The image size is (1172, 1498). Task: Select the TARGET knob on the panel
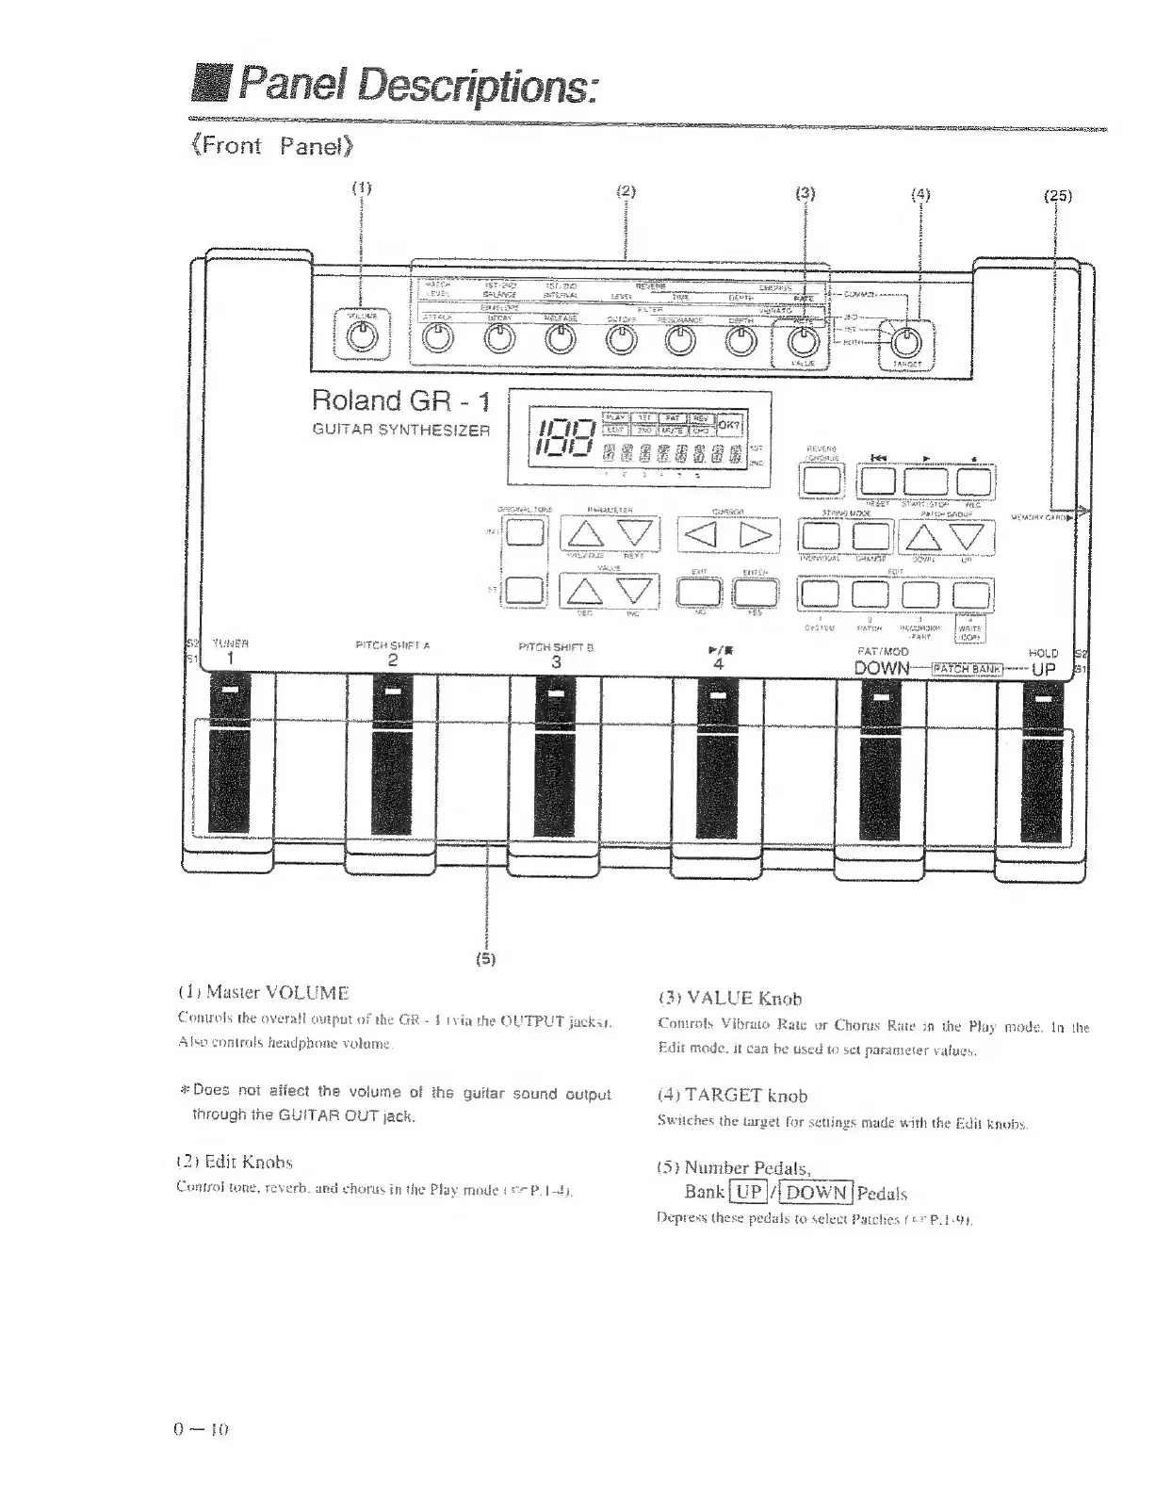[x=905, y=339]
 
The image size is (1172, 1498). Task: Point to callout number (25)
[x=1058, y=196]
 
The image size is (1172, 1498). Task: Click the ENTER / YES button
[x=756, y=591]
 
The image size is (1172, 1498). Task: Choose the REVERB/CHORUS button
[x=822, y=481]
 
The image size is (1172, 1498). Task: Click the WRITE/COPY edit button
[x=971, y=594]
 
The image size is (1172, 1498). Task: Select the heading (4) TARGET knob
[x=732, y=1096]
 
